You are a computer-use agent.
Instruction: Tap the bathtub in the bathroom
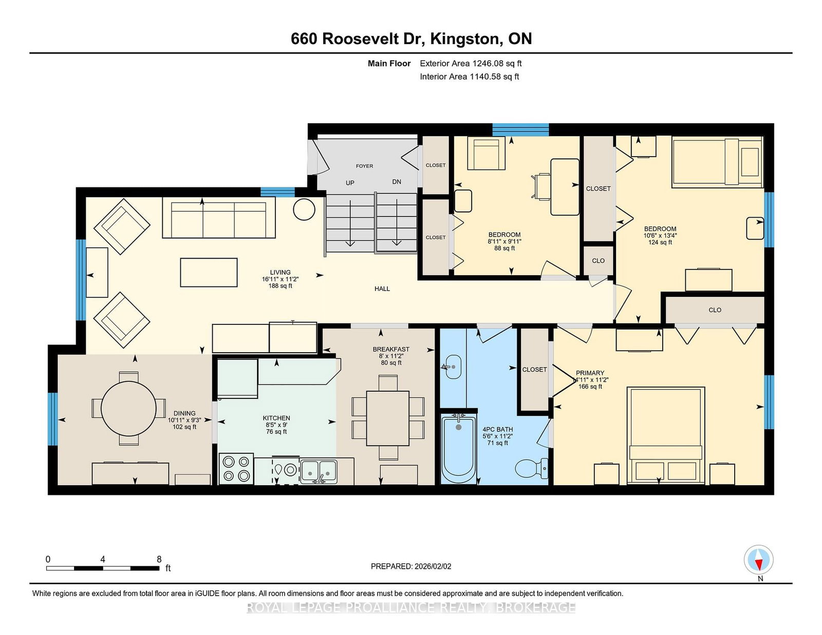tap(458, 449)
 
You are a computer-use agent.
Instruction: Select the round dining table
tap(128, 409)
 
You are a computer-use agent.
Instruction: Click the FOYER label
tap(364, 166)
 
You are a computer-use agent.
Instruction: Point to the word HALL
tap(382, 289)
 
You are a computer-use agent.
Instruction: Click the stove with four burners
tap(236, 469)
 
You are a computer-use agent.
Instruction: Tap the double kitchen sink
tap(319, 472)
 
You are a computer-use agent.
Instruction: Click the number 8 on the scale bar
tap(159, 559)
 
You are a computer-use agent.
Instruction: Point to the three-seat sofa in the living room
tap(219, 217)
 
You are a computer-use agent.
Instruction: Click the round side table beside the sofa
tap(304, 209)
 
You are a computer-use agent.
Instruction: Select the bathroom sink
tap(453, 366)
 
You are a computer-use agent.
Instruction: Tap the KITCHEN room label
tap(276, 418)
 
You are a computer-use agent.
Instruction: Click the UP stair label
tap(350, 183)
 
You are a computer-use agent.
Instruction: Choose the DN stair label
tap(397, 182)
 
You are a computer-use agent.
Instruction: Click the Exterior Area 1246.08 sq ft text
tap(471, 64)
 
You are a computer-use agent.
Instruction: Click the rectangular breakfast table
tap(388, 418)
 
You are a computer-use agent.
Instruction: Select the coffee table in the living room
tap(209, 273)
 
